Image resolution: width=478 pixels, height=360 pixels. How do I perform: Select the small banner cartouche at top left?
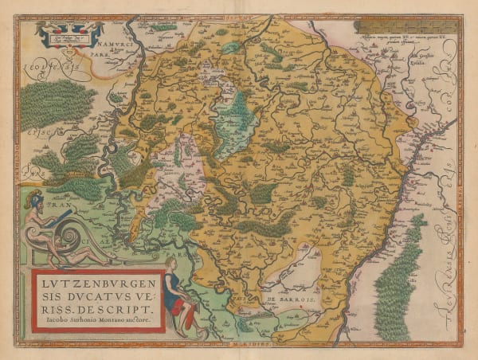(70, 33)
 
